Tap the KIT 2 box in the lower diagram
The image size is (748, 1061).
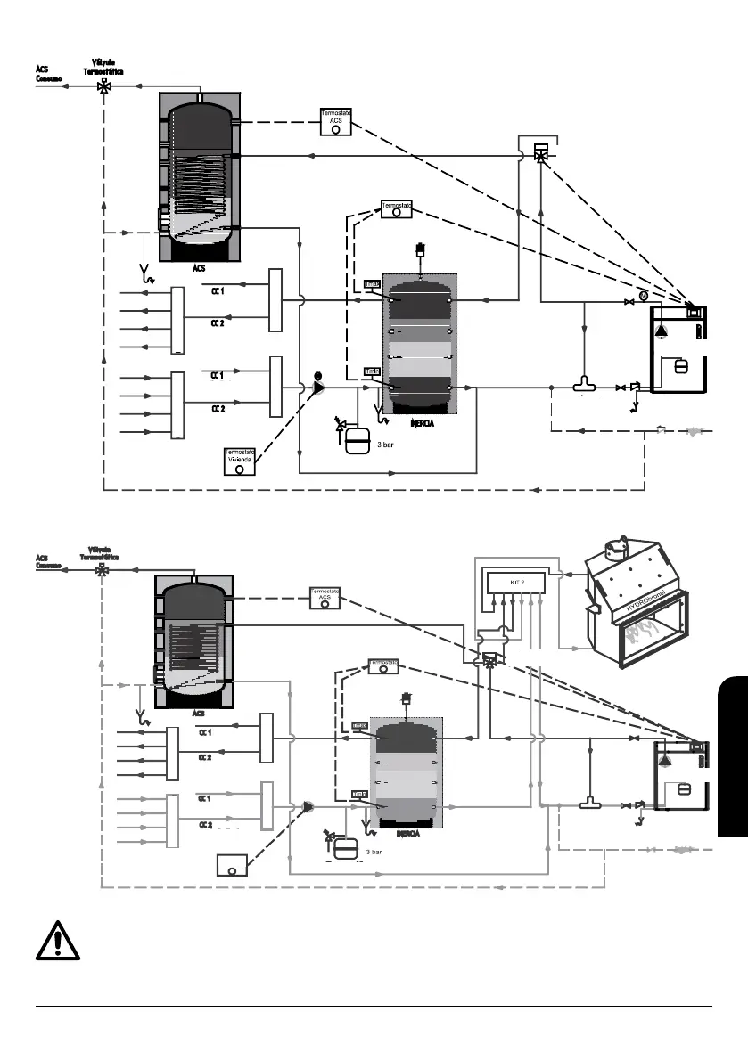click(x=516, y=582)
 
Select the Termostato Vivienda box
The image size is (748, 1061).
click(x=240, y=461)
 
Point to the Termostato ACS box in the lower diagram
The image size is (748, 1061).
click(x=325, y=598)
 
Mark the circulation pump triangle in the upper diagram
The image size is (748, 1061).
click(x=318, y=388)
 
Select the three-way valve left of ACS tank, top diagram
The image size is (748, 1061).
click(x=105, y=86)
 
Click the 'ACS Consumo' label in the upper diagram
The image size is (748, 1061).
click(x=48, y=72)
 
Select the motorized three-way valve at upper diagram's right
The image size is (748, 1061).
click(x=540, y=152)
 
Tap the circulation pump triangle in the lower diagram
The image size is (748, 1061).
click(x=308, y=806)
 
